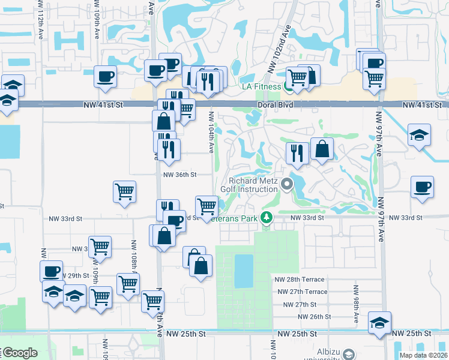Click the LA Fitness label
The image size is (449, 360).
261,86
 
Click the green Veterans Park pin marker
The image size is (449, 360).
266,218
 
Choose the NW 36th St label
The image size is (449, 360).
180,175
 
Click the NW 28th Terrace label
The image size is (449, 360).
300,280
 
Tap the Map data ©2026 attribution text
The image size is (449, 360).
423,355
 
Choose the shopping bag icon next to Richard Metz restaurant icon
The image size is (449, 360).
322,151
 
